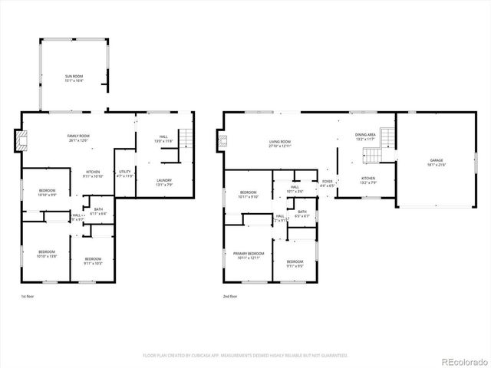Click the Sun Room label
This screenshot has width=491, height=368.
coord(74,77)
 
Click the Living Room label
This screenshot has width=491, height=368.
coord(279,143)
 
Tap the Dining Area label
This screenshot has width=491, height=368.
coord(365,136)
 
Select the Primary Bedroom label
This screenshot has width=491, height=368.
coord(250,255)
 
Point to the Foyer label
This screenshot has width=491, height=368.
coord(327,183)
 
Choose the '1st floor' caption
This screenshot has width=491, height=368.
coord(28,296)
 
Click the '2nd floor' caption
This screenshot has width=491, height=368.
coord(230,296)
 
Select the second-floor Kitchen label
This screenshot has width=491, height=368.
coord(369,181)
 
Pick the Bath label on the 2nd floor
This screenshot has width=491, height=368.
coord(302,214)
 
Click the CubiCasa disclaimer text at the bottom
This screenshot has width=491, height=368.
coord(245,356)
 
